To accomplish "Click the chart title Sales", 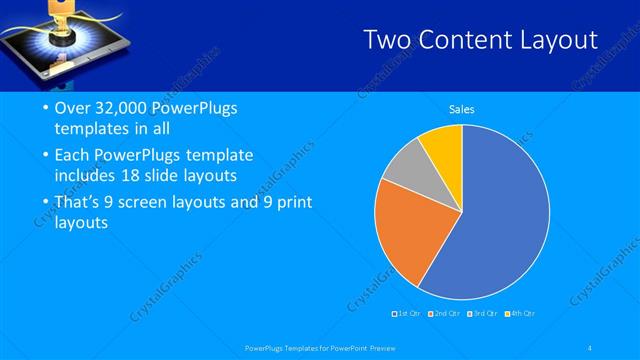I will tap(461, 110).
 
